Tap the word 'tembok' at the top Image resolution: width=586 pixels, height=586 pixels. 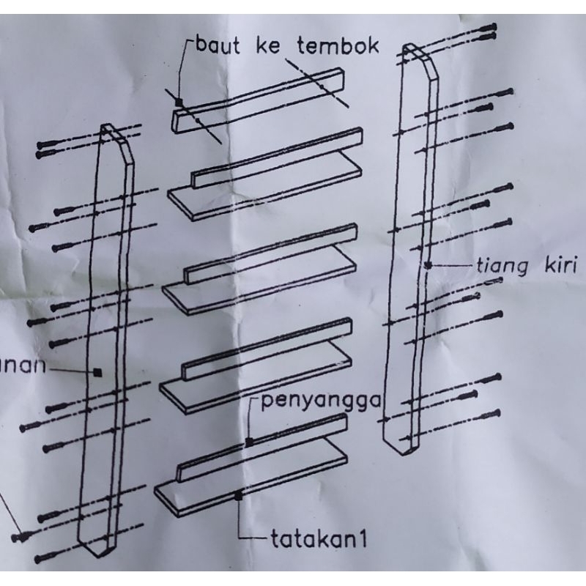tap(338, 46)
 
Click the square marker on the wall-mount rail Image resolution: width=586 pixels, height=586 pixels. tap(178, 103)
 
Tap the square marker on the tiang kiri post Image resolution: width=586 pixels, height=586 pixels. tap(427, 265)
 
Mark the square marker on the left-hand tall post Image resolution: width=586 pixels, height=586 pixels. tap(97, 372)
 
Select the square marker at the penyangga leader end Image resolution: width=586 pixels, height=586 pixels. tap(249, 442)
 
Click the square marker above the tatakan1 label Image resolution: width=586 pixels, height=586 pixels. tap(239, 497)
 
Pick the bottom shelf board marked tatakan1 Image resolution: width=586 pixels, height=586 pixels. tap(249, 480)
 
